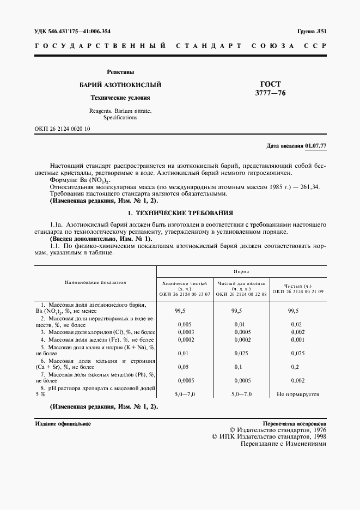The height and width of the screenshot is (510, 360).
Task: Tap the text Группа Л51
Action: click(312, 32)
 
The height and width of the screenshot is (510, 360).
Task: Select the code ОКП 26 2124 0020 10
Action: click(63, 129)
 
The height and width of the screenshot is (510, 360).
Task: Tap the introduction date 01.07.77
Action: click(315, 146)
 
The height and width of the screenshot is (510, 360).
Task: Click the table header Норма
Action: click(241, 271)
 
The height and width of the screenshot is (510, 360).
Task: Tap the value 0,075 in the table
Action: click(297, 353)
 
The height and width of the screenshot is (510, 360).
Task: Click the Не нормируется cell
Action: click(297, 394)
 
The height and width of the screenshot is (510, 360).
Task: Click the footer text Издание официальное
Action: click(63, 423)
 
